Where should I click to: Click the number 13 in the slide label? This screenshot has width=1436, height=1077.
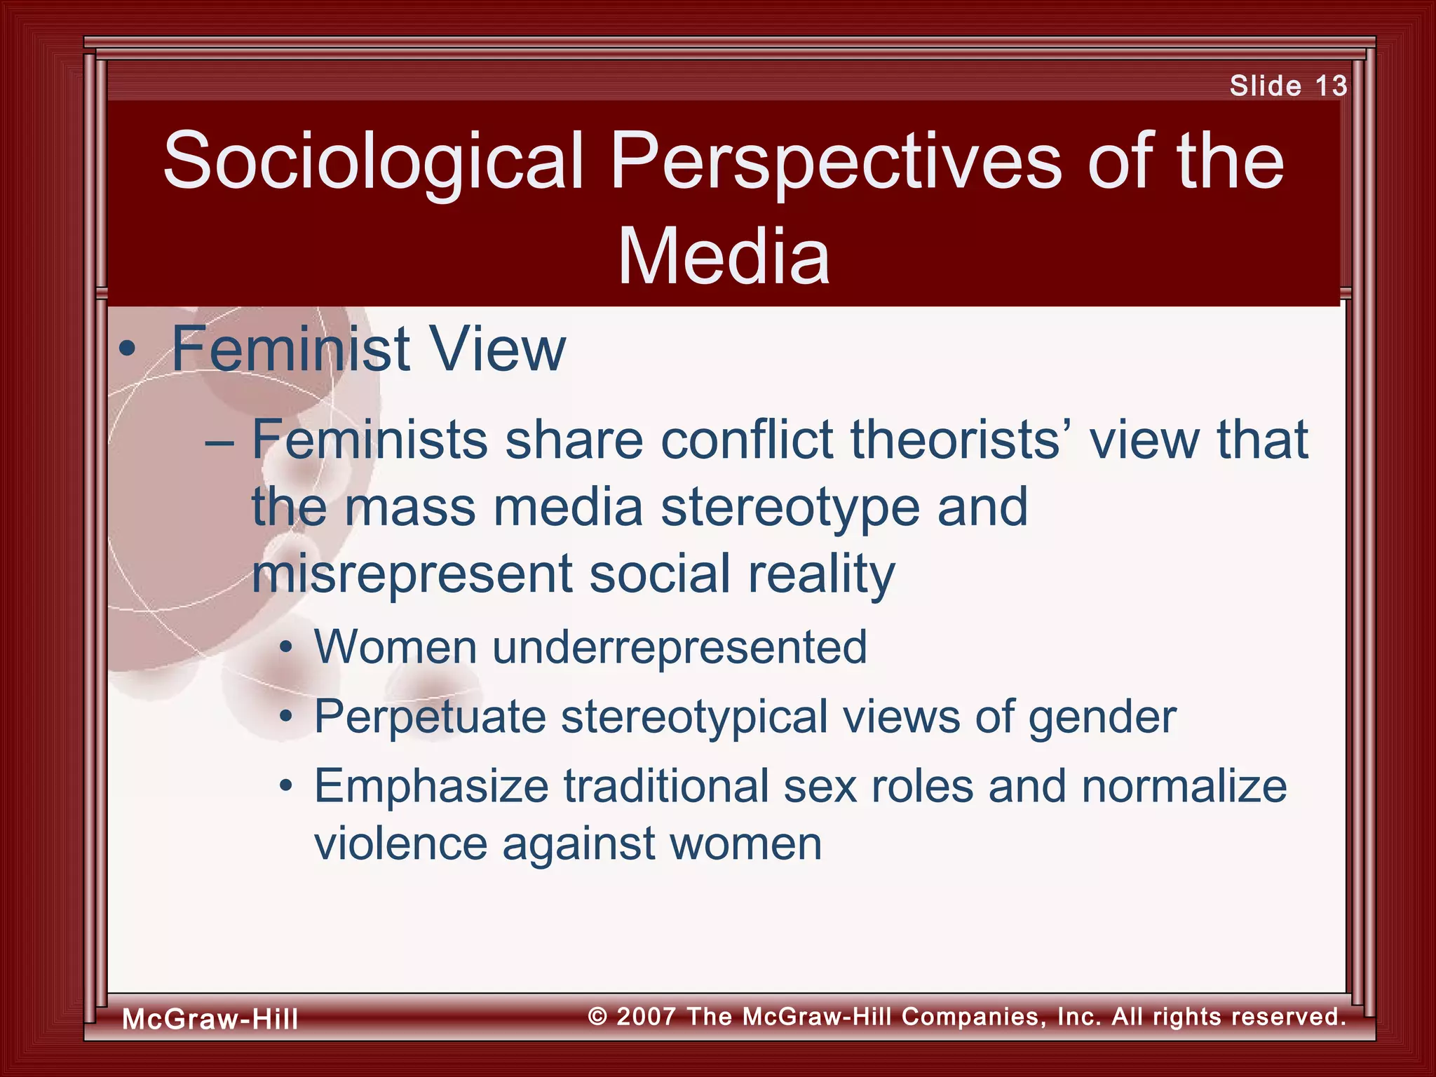(1330, 86)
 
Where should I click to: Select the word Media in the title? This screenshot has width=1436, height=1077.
(723, 257)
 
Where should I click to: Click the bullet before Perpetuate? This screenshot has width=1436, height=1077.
(285, 717)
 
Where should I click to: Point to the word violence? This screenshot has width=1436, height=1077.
(400, 844)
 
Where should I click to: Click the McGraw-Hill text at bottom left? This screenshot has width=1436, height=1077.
(210, 1019)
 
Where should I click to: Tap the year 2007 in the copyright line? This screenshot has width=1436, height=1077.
(646, 1017)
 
